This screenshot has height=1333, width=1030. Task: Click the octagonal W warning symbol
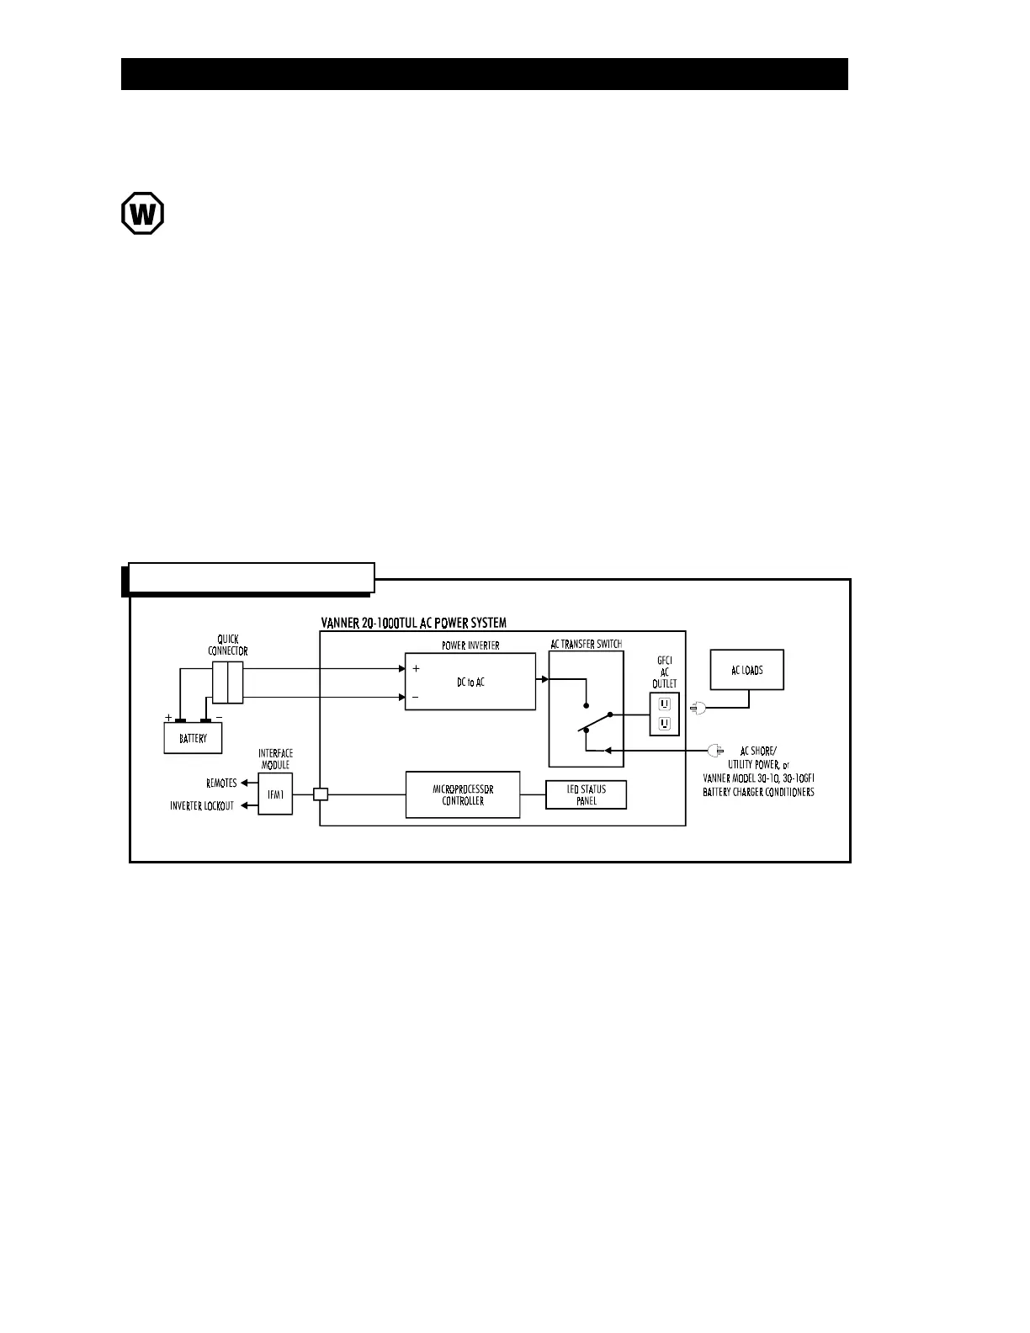[x=142, y=213]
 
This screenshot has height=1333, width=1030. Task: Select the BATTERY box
[x=193, y=738]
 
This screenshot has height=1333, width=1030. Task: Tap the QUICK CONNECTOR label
[x=228, y=645]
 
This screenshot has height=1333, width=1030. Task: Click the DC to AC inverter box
[x=470, y=682]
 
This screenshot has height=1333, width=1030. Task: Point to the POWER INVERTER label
[x=470, y=645]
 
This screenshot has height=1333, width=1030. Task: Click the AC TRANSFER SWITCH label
[x=587, y=644]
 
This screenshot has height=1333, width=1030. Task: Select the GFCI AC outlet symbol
[x=664, y=713]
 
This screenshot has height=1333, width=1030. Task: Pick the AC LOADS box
[x=747, y=670]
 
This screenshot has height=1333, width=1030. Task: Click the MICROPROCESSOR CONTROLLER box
[x=463, y=794]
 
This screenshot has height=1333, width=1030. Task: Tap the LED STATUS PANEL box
[x=587, y=794]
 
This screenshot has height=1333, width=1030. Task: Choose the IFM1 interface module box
[x=275, y=794]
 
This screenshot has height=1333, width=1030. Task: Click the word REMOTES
[x=221, y=783]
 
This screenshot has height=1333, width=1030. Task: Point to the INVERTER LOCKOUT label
[x=202, y=806]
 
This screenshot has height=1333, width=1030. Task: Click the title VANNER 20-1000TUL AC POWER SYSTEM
[x=414, y=624]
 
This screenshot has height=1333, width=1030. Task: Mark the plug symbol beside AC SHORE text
[x=716, y=749]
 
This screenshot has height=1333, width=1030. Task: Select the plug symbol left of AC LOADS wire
[x=698, y=709]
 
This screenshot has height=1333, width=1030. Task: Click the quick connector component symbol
[x=228, y=682]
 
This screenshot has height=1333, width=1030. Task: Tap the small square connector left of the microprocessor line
[x=321, y=794]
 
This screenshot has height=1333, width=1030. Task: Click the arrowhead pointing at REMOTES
[x=245, y=783]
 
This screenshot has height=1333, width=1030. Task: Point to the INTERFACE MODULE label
[x=275, y=759]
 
